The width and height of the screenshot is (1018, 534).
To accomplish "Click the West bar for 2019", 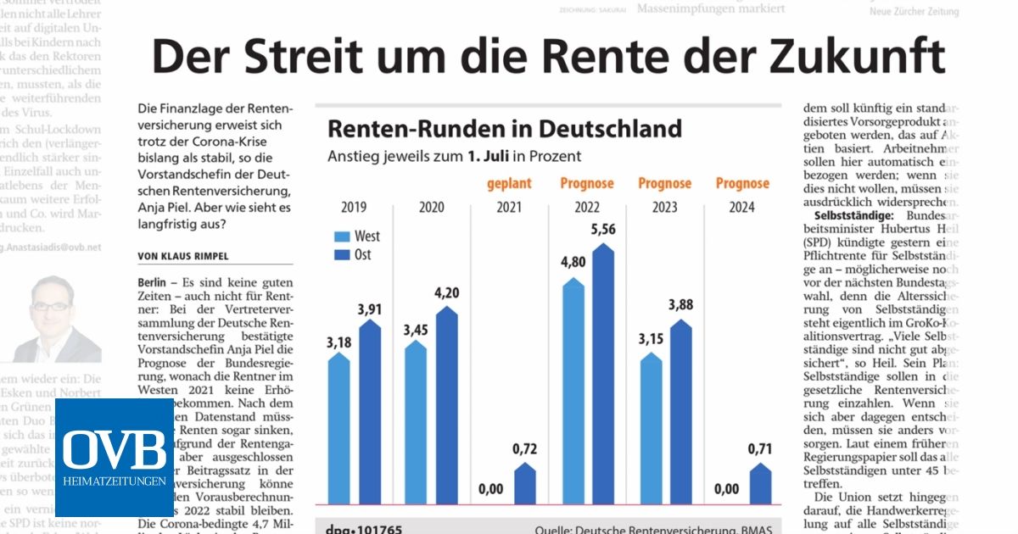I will pos(338,428).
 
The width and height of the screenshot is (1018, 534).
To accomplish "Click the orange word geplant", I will pos(509,183).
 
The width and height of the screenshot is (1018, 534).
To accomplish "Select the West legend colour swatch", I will pos(343,236).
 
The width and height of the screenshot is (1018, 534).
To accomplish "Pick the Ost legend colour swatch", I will pos(343,254).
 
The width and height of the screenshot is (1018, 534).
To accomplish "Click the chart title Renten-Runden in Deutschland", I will pos(504,128).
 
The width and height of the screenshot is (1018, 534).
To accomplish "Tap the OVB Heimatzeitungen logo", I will pos(115,458).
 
